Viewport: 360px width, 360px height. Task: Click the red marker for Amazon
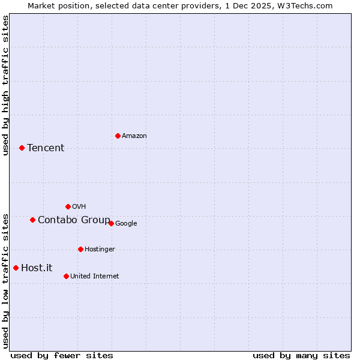click(118, 136)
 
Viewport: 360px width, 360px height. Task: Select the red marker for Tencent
click(22, 148)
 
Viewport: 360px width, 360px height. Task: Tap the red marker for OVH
click(68, 206)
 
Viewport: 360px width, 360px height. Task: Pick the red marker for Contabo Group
click(32, 220)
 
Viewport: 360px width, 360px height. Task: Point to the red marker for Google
click(111, 223)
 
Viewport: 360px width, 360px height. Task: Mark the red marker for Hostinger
click(80, 249)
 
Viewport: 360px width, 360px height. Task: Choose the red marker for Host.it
click(16, 268)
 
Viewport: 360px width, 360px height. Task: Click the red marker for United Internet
click(66, 276)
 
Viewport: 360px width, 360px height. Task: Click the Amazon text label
click(134, 136)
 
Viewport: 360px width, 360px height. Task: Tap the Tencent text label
click(46, 148)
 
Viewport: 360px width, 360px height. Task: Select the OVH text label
click(79, 207)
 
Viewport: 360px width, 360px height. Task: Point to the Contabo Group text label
click(74, 220)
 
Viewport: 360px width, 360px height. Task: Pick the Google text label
click(126, 224)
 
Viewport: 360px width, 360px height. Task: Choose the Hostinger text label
click(100, 250)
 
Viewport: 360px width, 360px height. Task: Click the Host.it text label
click(37, 268)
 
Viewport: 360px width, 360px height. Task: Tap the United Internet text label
click(94, 277)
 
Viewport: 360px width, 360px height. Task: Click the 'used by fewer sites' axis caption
click(62, 355)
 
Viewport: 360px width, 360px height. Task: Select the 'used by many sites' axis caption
click(301, 355)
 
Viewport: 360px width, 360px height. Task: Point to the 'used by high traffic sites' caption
click(5, 85)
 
